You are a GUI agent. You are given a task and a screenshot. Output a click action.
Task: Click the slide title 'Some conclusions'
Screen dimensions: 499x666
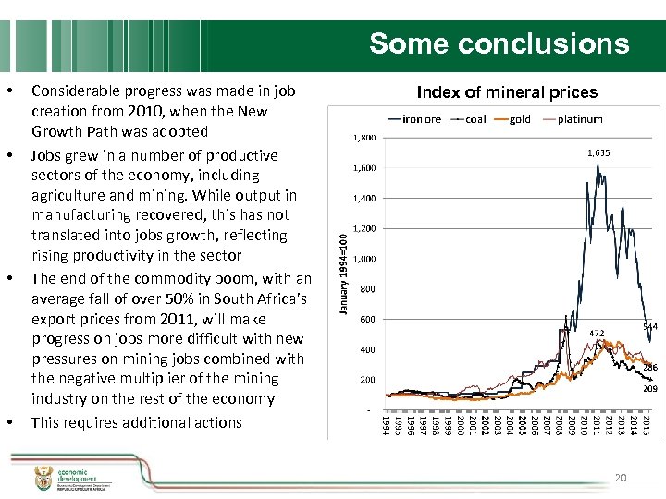pyautogui.click(x=499, y=43)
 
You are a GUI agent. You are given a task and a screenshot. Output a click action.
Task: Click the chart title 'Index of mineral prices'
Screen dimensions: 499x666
pyautogui.click(x=507, y=91)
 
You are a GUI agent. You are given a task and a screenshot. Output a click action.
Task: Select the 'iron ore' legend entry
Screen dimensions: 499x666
pyautogui.click(x=422, y=118)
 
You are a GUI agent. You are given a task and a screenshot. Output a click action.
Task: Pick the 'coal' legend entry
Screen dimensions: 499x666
pyautogui.click(x=475, y=118)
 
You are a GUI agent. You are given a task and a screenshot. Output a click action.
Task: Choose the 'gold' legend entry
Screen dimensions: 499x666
pyautogui.click(x=520, y=118)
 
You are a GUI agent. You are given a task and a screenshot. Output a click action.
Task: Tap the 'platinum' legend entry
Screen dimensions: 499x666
pyautogui.click(x=580, y=118)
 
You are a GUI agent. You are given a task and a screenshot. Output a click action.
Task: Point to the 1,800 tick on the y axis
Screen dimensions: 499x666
pyautogui.click(x=363, y=138)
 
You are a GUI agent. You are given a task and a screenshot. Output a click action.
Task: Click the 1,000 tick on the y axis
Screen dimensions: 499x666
pyautogui.click(x=363, y=259)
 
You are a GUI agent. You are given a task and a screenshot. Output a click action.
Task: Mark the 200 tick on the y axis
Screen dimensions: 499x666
pyautogui.click(x=367, y=380)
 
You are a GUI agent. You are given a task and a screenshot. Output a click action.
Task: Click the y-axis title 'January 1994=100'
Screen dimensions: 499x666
pyautogui.click(x=341, y=272)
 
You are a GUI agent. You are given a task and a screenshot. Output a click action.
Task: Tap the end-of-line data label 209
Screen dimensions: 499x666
pyautogui.click(x=650, y=389)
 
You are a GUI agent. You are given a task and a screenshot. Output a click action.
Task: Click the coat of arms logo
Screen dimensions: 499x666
pyautogui.click(x=43, y=474)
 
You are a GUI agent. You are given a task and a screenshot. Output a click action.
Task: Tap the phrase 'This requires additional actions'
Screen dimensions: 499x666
pyautogui.click(x=136, y=422)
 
